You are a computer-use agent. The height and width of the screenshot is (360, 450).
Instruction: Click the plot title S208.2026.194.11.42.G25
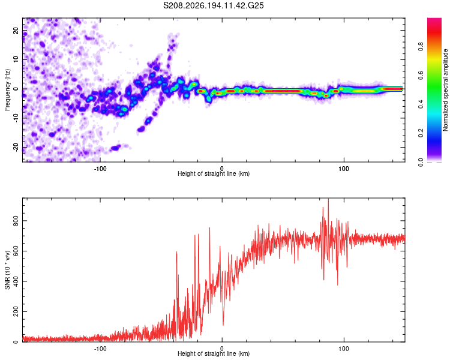tap(213, 5)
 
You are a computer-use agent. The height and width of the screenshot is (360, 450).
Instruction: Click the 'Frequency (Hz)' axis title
tap(7, 90)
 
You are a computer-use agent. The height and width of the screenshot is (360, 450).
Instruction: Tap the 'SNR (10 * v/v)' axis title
tap(7, 270)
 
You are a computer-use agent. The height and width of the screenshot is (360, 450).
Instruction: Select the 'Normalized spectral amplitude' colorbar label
tap(445, 90)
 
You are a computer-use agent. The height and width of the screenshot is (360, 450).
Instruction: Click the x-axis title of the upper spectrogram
tap(214, 173)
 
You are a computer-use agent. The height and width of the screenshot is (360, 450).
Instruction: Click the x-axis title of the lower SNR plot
tap(214, 353)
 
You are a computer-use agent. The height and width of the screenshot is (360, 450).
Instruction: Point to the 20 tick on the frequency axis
tap(16, 30)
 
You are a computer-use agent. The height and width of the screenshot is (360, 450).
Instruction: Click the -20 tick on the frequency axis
tap(16, 147)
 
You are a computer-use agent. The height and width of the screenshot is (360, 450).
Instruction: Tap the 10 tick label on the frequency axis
tap(16, 59)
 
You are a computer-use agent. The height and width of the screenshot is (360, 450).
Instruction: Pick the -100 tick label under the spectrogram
tap(100, 169)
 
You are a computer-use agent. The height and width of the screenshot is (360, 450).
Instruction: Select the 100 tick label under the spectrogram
tap(344, 169)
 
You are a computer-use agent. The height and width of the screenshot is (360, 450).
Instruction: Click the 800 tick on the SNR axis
tap(16, 221)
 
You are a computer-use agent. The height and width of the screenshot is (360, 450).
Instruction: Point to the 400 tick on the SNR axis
tap(16, 281)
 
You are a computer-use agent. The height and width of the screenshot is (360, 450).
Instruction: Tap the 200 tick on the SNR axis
tap(16, 311)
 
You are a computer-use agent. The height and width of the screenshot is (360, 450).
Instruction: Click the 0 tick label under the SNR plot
tap(222, 349)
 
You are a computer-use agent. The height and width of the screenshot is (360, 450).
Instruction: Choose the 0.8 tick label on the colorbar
tap(421, 46)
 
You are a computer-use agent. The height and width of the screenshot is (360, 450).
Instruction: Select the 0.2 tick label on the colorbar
tap(421, 133)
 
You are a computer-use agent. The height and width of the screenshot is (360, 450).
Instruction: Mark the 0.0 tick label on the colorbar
tap(421, 162)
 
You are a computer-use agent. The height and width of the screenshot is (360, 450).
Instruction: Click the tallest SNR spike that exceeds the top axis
tap(328, 199)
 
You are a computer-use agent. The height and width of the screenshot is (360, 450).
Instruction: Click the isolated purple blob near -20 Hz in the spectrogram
tap(115, 148)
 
